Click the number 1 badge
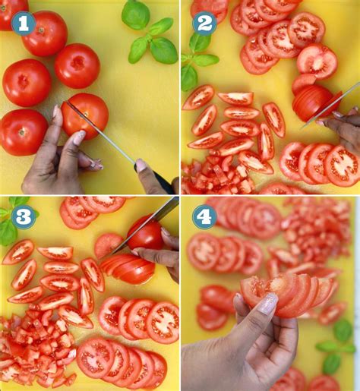(x=24, y=24)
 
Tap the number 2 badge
(x=204, y=24)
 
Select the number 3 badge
(x=23, y=217)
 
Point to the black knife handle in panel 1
(x=163, y=182)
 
